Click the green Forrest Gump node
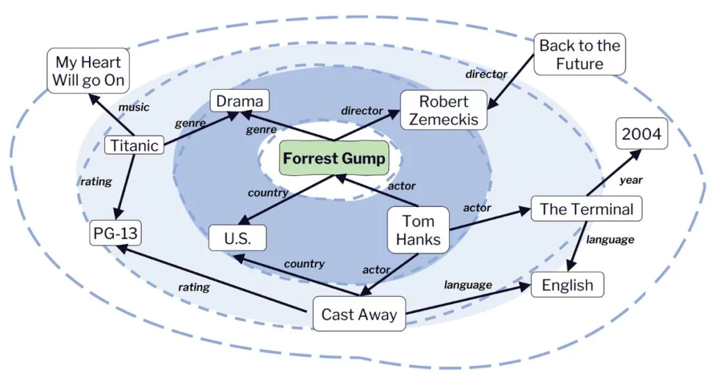[x=334, y=159]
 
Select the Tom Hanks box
[x=419, y=231]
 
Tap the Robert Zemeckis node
[x=444, y=110]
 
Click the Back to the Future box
[x=580, y=55]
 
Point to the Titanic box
[x=134, y=145]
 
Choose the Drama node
[x=239, y=102]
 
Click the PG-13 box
[x=115, y=234]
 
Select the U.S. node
[x=238, y=238]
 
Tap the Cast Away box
[x=359, y=314]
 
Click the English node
[x=567, y=285]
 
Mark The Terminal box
[x=586, y=209]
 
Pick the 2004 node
[x=641, y=134]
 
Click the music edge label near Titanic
[x=133, y=107]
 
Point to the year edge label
[x=631, y=180]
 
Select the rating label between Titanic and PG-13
[x=96, y=182]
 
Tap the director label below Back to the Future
[x=486, y=74]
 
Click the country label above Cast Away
[x=304, y=264]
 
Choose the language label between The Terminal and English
[x=610, y=240]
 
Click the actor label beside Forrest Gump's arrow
[x=401, y=185]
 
